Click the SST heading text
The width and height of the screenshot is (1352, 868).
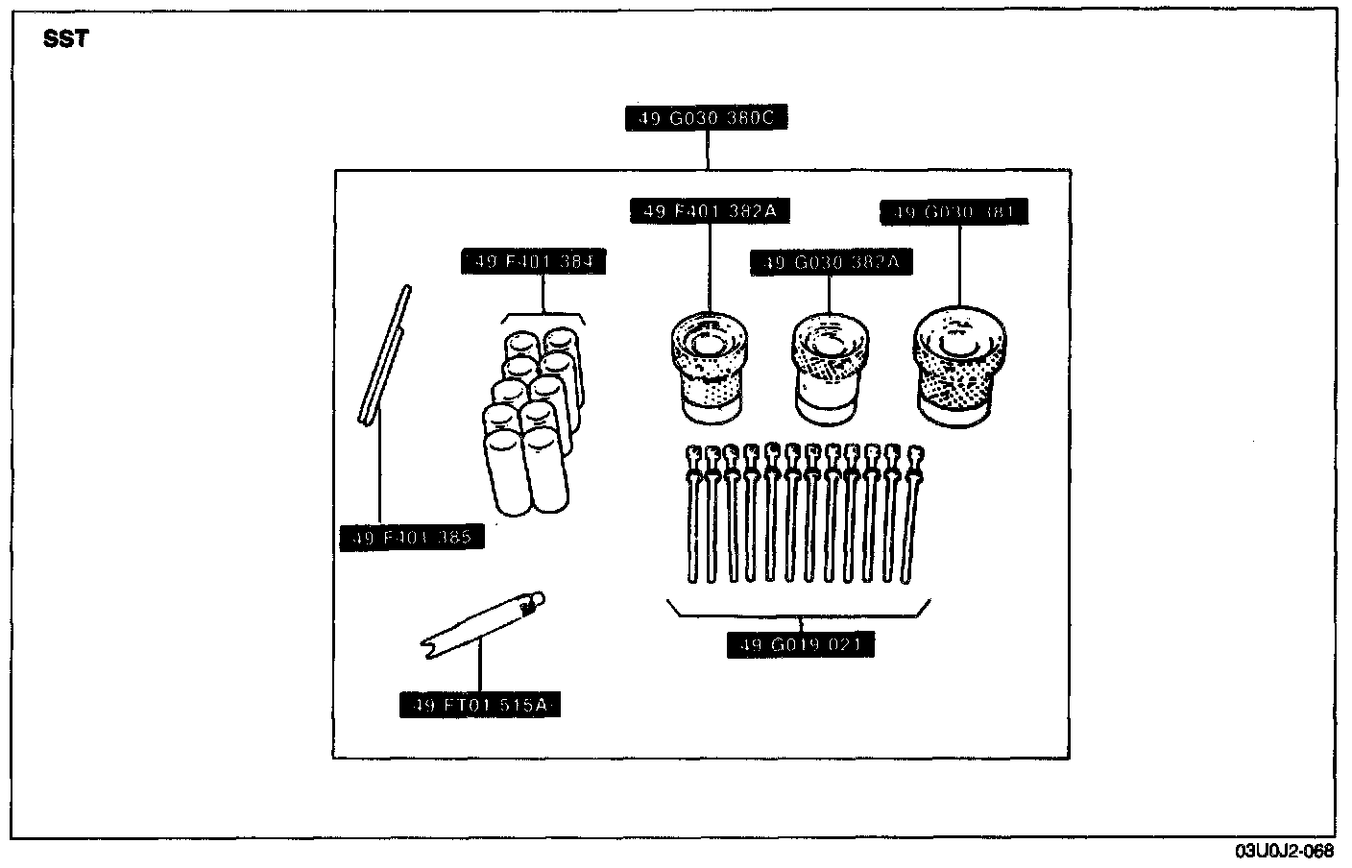pos(66,40)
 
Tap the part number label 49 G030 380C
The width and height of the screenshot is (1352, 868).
pos(708,118)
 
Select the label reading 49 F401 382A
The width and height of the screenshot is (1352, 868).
pos(710,210)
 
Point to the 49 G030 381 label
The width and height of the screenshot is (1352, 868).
pos(954,212)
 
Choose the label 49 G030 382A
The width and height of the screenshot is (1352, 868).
pos(832,262)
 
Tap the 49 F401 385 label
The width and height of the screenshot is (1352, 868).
pos(412,538)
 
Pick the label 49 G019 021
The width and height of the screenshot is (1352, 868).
pos(801,645)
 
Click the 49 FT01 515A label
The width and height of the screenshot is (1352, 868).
pos(479,706)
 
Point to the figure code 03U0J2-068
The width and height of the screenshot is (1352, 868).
pos(1284,851)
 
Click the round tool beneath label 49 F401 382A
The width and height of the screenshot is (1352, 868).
pos(711,367)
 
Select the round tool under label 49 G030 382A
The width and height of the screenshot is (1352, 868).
pos(832,368)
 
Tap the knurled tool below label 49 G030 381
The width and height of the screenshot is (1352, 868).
pos(959,366)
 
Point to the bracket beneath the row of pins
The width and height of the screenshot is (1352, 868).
pos(799,611)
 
